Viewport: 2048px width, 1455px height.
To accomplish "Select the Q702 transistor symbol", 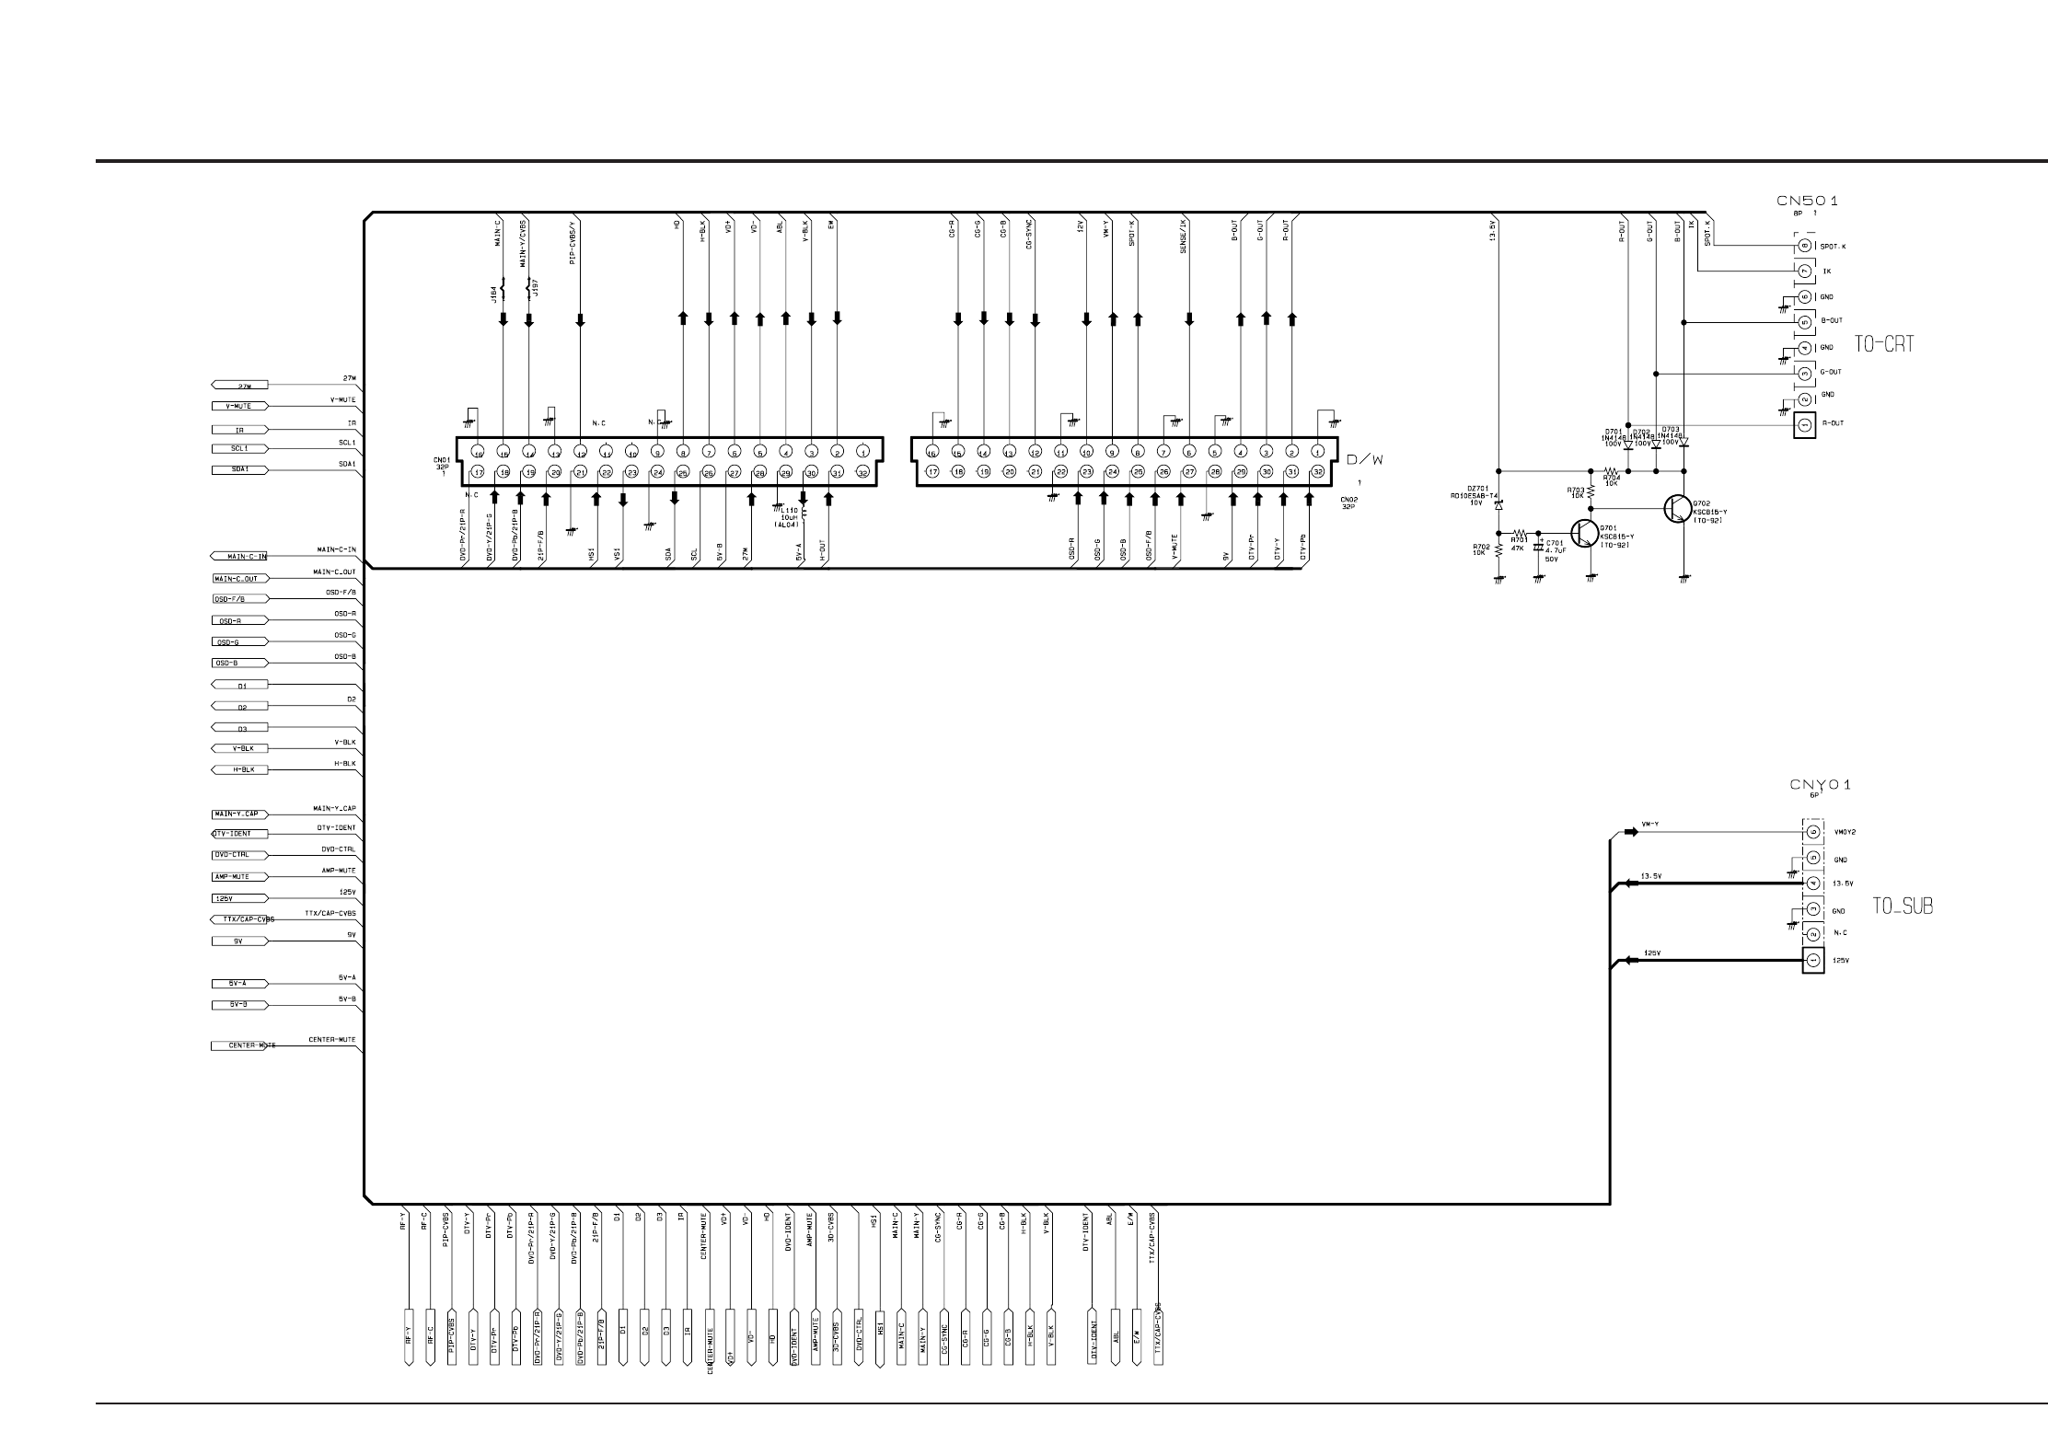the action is point(1677,509).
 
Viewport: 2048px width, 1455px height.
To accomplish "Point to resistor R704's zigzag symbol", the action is point(1611,471).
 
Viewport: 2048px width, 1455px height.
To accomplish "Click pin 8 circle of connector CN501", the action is point(1804,246).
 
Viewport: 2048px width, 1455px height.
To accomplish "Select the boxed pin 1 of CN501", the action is point(1804,424).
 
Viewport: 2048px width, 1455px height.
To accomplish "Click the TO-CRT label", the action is point(1883,344).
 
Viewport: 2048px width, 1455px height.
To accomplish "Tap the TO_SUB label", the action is point(1903,906).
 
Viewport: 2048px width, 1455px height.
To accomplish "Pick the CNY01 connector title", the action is point(1820,785).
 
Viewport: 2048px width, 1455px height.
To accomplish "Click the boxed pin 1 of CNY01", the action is point(1812,961).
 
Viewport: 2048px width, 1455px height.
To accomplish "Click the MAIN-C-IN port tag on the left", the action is point(239,556).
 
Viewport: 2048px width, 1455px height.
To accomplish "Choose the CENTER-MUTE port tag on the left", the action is point(241,1045).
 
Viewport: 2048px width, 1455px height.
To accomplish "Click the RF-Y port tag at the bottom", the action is point(408,1335).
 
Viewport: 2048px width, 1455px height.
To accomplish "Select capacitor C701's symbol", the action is point(1538,549).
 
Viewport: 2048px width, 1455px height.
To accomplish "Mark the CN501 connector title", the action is point(1807,201).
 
